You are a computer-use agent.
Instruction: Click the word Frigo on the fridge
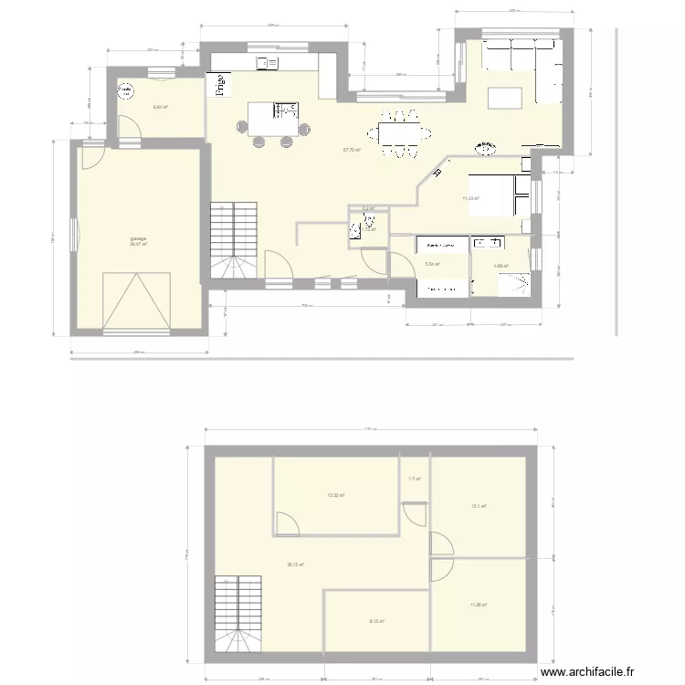point(220,84)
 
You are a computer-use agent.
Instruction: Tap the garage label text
point(138,239)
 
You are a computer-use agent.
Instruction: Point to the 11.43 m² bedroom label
point(470,198)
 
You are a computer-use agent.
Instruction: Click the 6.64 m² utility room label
point(160,108)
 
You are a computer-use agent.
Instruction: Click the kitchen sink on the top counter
point(269,62)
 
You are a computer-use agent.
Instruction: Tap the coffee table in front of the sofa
point(503,97)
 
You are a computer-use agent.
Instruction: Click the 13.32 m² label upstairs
point(335,496)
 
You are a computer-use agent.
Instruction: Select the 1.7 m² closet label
point(415,479)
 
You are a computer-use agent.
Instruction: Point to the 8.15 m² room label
point(376,622)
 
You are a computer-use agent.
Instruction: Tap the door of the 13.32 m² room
point(287,523)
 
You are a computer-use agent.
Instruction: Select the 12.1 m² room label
point(478,506)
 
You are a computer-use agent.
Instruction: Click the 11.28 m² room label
point(478,605)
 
